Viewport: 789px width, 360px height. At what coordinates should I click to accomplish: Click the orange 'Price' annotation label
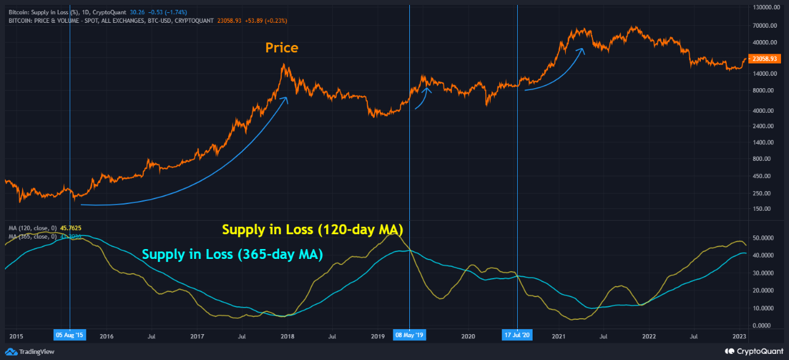pos(282,47)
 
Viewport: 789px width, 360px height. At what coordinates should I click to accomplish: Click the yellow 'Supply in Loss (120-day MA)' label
pos(312,230)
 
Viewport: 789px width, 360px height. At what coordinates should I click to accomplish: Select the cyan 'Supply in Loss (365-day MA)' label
pos(232,254)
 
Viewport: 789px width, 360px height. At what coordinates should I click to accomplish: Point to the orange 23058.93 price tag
pos(761,59)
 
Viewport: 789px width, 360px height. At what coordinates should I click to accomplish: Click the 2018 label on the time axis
pos(287,336)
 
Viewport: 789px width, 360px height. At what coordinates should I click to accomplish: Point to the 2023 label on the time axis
pos(739,336)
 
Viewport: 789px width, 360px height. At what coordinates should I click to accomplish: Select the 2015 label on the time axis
pos(16,336)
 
